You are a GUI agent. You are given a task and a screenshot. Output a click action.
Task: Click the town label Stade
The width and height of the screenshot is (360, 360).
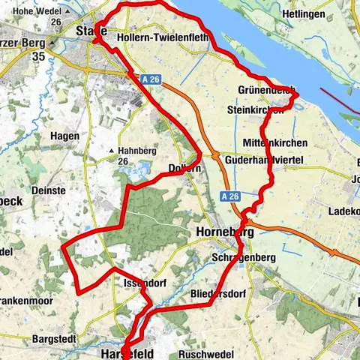click(92, 31)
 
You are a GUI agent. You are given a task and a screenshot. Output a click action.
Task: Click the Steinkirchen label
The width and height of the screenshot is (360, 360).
click(256, 109)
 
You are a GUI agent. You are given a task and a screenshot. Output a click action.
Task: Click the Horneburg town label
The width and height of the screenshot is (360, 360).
click(225, 232)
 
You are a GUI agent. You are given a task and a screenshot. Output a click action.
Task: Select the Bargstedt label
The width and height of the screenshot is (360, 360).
click(54, 339)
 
